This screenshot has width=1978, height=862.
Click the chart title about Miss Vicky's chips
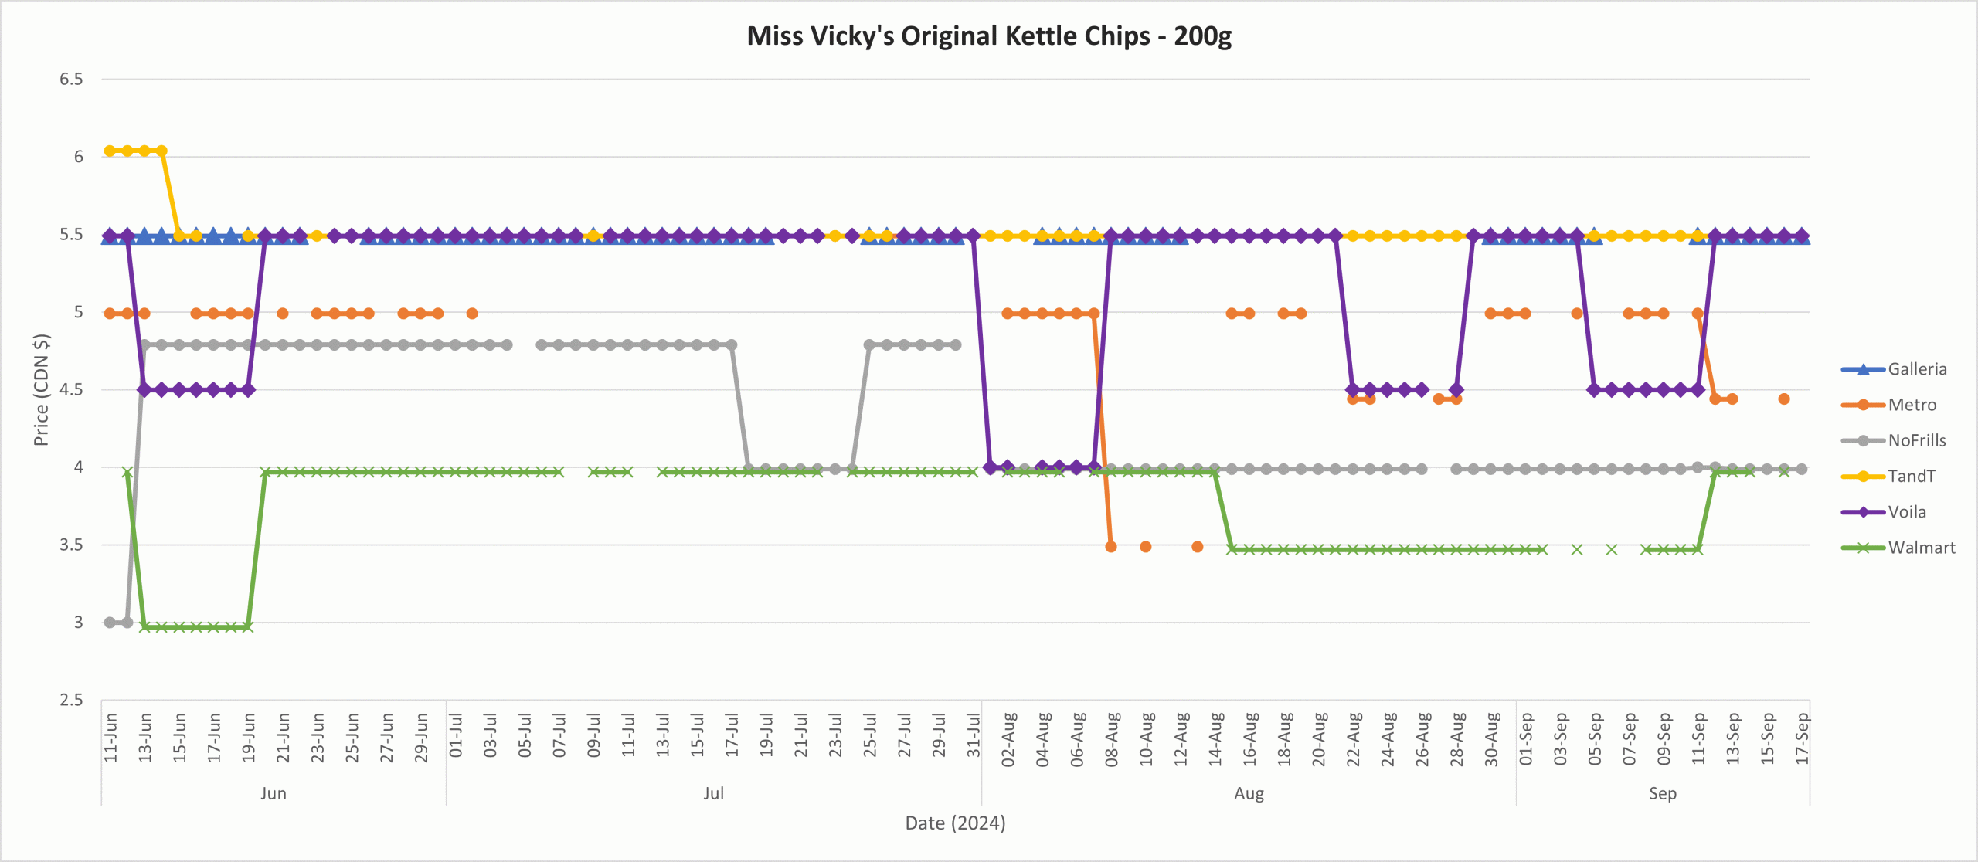(989, 36)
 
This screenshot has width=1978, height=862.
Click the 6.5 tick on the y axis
(71, 79)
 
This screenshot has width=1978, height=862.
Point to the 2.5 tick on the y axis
(71, 700)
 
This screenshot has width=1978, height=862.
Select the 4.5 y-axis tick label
(71, 389)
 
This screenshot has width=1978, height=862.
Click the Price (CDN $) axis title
(41, 389)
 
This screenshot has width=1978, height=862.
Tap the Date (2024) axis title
(955, 823)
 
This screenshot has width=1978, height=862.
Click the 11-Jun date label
(110, 738)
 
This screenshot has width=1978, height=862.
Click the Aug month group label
(1249, 793)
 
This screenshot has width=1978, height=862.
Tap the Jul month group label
(713, 793)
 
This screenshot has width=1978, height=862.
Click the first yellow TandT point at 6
(110, 151)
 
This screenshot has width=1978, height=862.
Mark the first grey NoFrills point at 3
(110, 623)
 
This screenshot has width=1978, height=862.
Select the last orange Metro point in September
(1784, 399)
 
